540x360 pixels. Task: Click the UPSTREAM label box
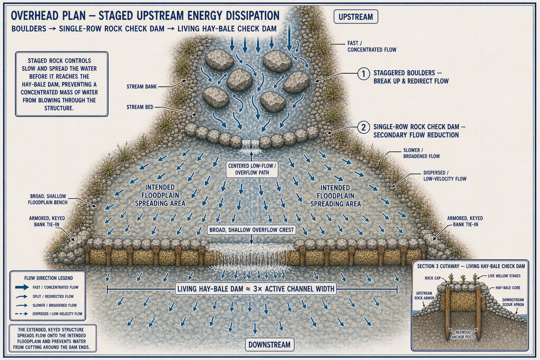coord(356,17)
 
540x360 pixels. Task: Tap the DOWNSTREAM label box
coord(270,345)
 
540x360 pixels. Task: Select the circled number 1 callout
coord(364,73)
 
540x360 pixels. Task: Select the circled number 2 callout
coord(364,127)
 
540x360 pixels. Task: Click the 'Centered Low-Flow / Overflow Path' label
coord(252,169)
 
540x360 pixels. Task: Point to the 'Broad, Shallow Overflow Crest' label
coord(252,230)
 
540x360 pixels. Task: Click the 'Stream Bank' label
coord(142,86)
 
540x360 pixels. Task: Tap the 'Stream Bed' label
coord(140,107)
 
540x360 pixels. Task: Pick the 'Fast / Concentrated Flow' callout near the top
coord(372,46)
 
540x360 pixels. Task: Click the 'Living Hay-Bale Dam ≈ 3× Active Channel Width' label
coord(256,289)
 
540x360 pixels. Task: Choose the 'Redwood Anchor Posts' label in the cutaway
coord(463,335)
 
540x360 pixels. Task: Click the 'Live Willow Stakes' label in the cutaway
coord(504,276)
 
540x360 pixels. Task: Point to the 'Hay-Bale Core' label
coord(508,288)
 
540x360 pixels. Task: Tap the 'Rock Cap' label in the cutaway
coord(433,278)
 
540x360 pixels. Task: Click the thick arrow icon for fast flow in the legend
coord(22,287)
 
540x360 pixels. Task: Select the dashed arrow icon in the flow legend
coord(21,314)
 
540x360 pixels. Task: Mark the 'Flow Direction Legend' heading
coord(49,278)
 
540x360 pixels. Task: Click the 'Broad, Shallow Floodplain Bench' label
coord(47,199)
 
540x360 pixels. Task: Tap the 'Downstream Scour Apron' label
coord(513,302)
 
